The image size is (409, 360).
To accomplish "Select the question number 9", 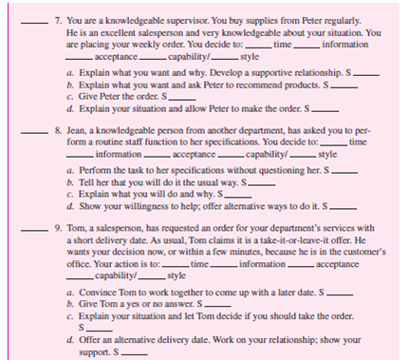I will (57, 231).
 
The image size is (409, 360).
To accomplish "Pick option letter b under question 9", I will (72, 300).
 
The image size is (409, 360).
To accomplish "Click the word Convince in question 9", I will (100, 289).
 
